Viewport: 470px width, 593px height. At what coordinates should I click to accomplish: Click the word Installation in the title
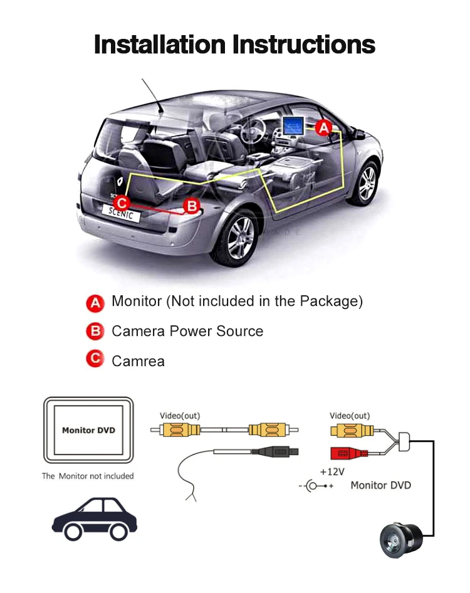point(159,45)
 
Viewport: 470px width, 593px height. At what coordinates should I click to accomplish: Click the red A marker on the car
point(323,128)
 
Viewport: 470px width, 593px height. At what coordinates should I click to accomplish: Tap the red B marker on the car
point(192,206)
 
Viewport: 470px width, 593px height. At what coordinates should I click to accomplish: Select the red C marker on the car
point(122,202)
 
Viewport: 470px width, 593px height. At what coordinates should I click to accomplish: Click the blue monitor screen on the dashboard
point(293,125)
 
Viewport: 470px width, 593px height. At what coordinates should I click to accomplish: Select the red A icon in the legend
point(95,303)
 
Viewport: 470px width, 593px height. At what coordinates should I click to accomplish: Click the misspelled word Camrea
point(138,361)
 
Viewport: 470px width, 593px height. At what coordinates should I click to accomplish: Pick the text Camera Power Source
point(187,331)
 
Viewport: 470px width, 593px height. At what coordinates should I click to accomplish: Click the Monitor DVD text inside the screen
point(88,430)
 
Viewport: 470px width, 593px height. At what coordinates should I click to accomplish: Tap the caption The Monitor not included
point(88,476)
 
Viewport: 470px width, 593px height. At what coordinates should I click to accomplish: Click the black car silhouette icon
point(95,518)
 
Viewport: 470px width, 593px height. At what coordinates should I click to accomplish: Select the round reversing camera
point(397,540)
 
